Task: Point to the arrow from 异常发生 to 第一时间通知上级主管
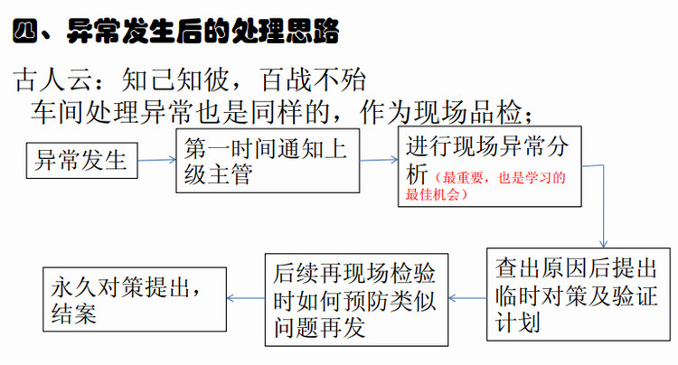[157, 160]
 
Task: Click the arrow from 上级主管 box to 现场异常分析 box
[379, 160]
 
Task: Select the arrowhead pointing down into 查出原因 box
[603, 243]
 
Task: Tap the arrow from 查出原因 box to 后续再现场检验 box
[467, 298]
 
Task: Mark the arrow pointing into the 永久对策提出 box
[246, 298]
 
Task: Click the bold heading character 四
[25, 31]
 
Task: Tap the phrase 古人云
[52, 80]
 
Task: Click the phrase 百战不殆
[313, 80]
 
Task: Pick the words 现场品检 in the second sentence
[468, 112]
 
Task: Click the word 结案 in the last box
[74, 314]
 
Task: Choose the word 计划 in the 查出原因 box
[518, 323]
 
